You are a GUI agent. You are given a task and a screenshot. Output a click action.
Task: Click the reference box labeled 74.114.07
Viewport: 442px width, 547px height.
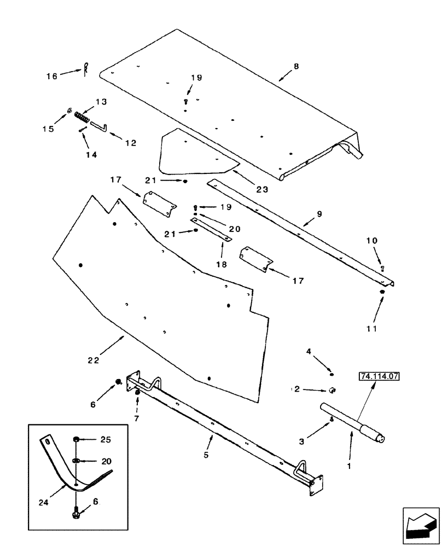tap(378, 376)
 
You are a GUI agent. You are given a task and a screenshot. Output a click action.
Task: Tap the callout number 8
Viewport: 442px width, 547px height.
tap(296, 66)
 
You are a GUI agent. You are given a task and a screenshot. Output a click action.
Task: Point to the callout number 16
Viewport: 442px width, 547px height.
tap(51, 76)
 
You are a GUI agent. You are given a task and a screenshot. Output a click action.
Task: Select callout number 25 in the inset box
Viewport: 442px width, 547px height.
tap(105, 439)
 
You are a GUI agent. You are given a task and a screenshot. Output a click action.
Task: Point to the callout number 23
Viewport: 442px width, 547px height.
tap(262, 189)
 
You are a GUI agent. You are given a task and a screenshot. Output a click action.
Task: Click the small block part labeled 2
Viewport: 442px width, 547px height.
tap(332, 389)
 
